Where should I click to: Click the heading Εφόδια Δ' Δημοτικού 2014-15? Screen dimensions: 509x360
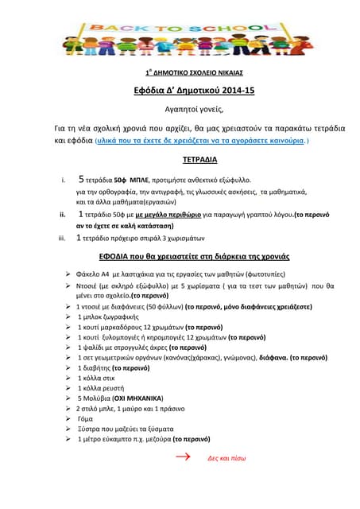(x=180, y=91)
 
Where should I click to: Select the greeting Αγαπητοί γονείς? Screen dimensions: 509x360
(x=180, y=109)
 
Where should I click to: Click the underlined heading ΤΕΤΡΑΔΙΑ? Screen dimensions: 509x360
(x=180, y=160)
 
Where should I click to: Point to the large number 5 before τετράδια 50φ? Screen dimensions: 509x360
(x=82, y=179)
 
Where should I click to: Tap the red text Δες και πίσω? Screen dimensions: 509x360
(x=224, y=459)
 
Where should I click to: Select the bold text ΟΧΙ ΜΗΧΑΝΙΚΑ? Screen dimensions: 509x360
(x=137, y=398)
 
